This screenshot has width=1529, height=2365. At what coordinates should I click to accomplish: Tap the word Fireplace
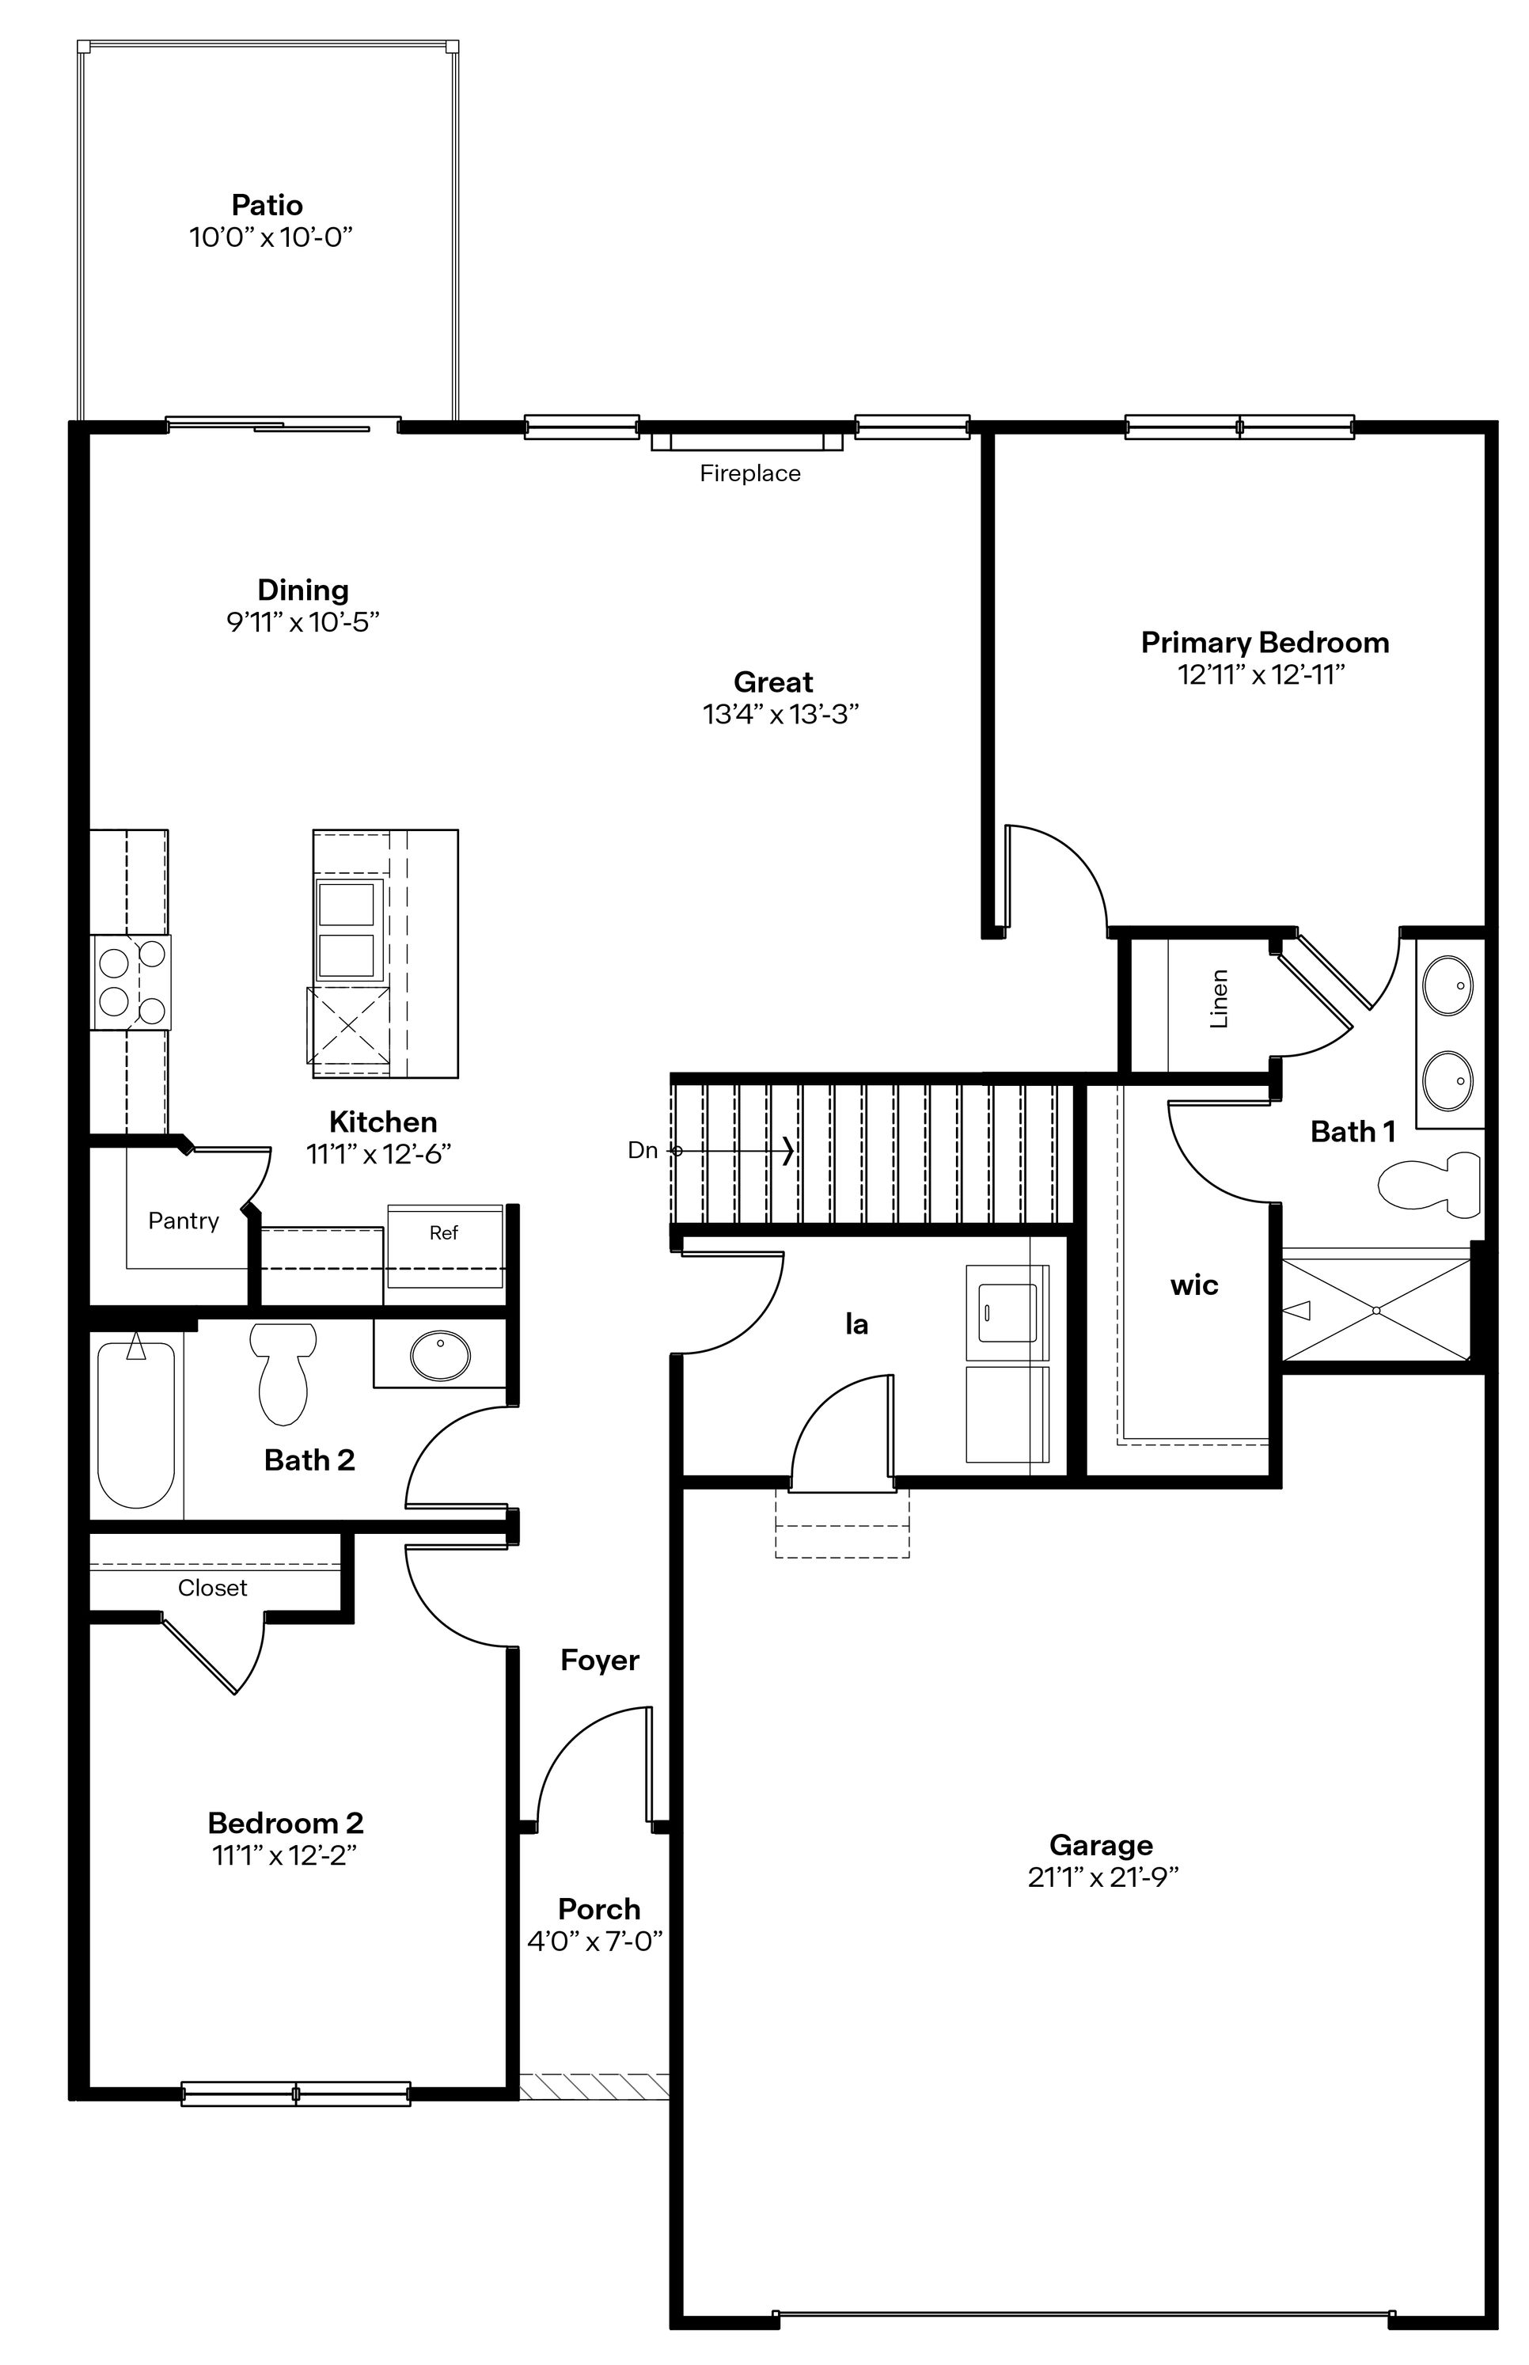[x=749, y=473]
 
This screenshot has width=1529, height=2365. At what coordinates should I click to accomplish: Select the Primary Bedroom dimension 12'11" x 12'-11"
[x=1261, y=675]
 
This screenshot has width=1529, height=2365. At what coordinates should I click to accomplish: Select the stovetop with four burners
[x=131, y=982]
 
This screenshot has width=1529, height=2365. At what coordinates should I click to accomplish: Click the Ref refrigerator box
[x=444, y=1245]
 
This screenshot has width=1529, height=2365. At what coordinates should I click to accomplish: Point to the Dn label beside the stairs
[x=643, y=1151]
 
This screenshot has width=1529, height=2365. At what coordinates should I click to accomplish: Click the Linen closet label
[x=1220, y=998]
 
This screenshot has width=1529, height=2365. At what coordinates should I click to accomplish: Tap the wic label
[x=1193, y=1285]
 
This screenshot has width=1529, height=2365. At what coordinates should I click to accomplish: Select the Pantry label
[x=183, y=1220]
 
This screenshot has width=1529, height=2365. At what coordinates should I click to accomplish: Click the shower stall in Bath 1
[x=1376, y=1310]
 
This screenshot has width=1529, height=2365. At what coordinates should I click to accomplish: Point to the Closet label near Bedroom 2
[x=212, y=1588]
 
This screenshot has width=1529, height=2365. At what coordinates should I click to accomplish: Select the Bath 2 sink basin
[x=441, y=1357]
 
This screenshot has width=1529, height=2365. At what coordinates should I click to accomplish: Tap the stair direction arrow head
[x=788, y=1151]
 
